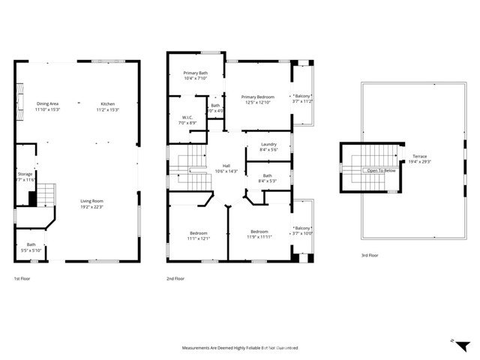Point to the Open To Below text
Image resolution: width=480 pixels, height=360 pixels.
coord(379,171)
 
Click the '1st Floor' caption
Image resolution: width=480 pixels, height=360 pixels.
coord(22,278)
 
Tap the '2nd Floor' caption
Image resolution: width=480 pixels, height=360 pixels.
coord(175,278)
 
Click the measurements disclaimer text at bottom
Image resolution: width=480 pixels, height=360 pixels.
coord(240,348)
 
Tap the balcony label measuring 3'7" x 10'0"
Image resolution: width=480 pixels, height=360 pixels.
coord(302,230)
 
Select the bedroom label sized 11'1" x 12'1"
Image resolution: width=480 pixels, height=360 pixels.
coord(198,235)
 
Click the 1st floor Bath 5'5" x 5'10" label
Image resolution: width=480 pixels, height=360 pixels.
coord(31,247)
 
